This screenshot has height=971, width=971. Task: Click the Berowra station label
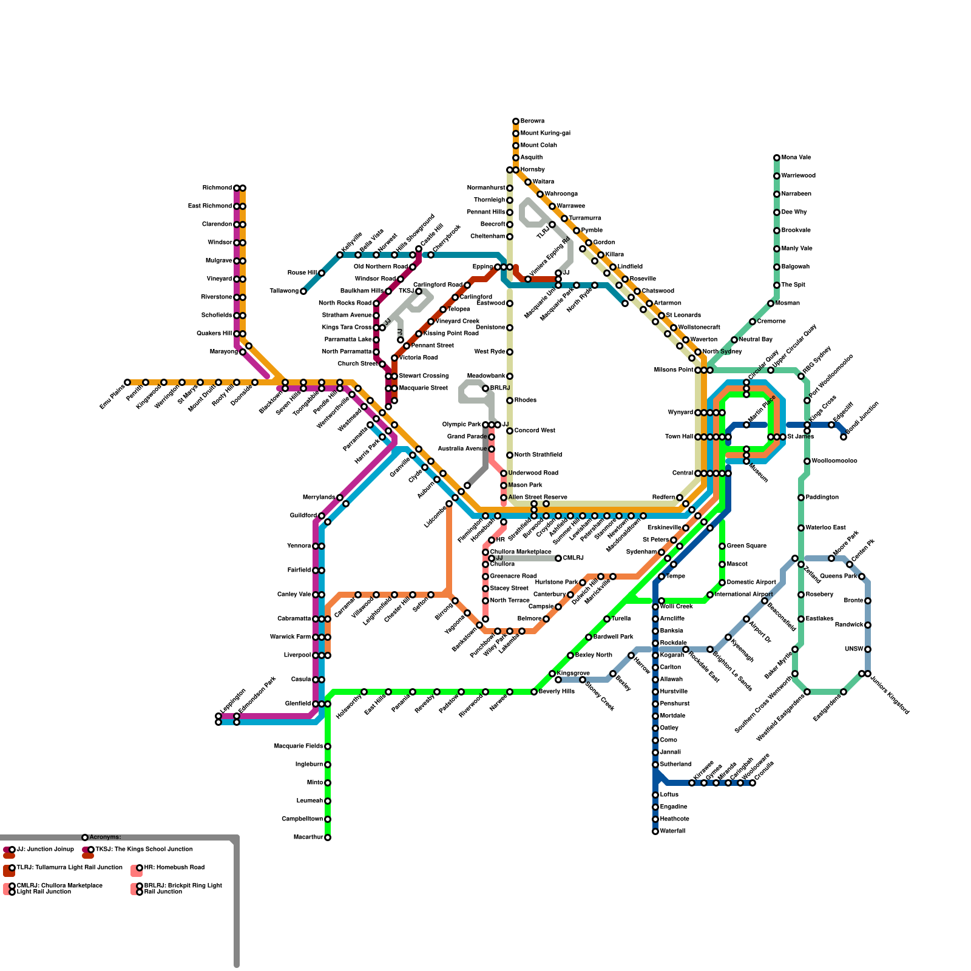pyautogui.click(x=532, y=121)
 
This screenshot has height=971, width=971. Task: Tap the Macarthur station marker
pyautogui.click(x=328, y=837)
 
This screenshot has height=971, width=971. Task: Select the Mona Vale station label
pyautogui.click(x=796, y=158)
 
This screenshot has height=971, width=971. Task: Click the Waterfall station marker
pyautogui.click(x=655, y=831)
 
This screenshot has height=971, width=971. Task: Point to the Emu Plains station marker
pyautogui.click(x=127, y=382)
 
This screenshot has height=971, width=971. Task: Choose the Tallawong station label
pyautogui.click(x=285, y=291)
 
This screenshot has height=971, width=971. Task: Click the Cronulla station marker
pyautogui.click(x=753, y=783)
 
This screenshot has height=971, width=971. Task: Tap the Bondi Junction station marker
pyautogui.click(x=844, y=437)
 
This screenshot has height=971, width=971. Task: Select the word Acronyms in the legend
pyautogui.click(x=105, y=837)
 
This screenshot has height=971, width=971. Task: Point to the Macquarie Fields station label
pyautogui.click(x=298, y=746)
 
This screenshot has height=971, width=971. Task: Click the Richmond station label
pyautogui.click(x=217, y=188)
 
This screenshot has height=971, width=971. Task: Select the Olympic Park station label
pyautogui.click(x=461, y=425)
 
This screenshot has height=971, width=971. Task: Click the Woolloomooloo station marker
pyautogui.click(x=807, y=461)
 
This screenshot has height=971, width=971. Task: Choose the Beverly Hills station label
pyautogui.click(x=556, y=692)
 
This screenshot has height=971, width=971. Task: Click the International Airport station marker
pyautogui.click(x=710, y=595)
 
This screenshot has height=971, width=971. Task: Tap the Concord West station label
pyautogui.click(x=535, y=431)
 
